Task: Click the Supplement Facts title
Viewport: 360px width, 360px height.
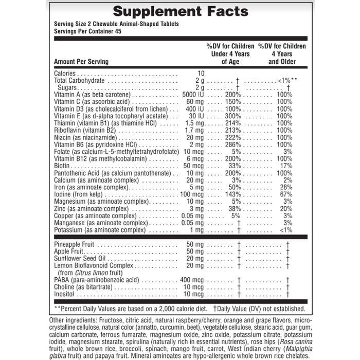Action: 179,11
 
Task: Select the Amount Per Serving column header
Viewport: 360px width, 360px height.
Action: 81,62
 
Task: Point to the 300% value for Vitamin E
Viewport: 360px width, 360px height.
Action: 232,117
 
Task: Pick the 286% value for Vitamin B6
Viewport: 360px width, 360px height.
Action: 232,146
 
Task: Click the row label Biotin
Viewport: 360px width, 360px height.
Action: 62,167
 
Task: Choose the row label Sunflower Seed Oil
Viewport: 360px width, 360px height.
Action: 80,258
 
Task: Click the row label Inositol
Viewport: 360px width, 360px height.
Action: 64,294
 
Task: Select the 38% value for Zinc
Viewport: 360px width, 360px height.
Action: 234,209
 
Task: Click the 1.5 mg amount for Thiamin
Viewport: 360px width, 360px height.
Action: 195,124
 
